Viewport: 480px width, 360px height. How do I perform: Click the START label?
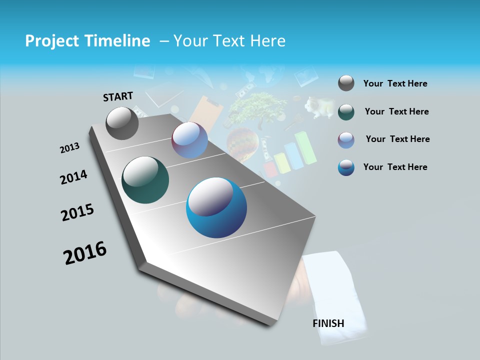point(118,96)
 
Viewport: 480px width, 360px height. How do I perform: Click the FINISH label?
point(328,323)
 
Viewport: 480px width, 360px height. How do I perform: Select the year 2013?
point(69,148)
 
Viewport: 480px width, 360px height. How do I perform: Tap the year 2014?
point(73,177)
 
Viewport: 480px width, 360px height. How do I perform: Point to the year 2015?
point(77,212)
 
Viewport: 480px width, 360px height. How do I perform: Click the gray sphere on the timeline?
point(122,123)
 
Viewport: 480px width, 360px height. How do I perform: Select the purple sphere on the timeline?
point(189,140)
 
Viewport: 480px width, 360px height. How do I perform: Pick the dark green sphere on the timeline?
point(145,180)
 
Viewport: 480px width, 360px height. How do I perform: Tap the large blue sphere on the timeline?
point(216,207)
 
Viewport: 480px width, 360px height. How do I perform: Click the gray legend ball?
point(346,83)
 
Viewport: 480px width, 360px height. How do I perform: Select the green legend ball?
point(346,111)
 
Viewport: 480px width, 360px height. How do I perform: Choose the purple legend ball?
point(346,139)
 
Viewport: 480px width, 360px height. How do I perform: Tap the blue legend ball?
point(346,167)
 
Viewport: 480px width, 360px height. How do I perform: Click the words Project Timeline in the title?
point(87,41)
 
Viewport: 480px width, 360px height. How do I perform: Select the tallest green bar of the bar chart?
point(306,148)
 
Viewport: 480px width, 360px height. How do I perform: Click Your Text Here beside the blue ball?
point(395,167)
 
